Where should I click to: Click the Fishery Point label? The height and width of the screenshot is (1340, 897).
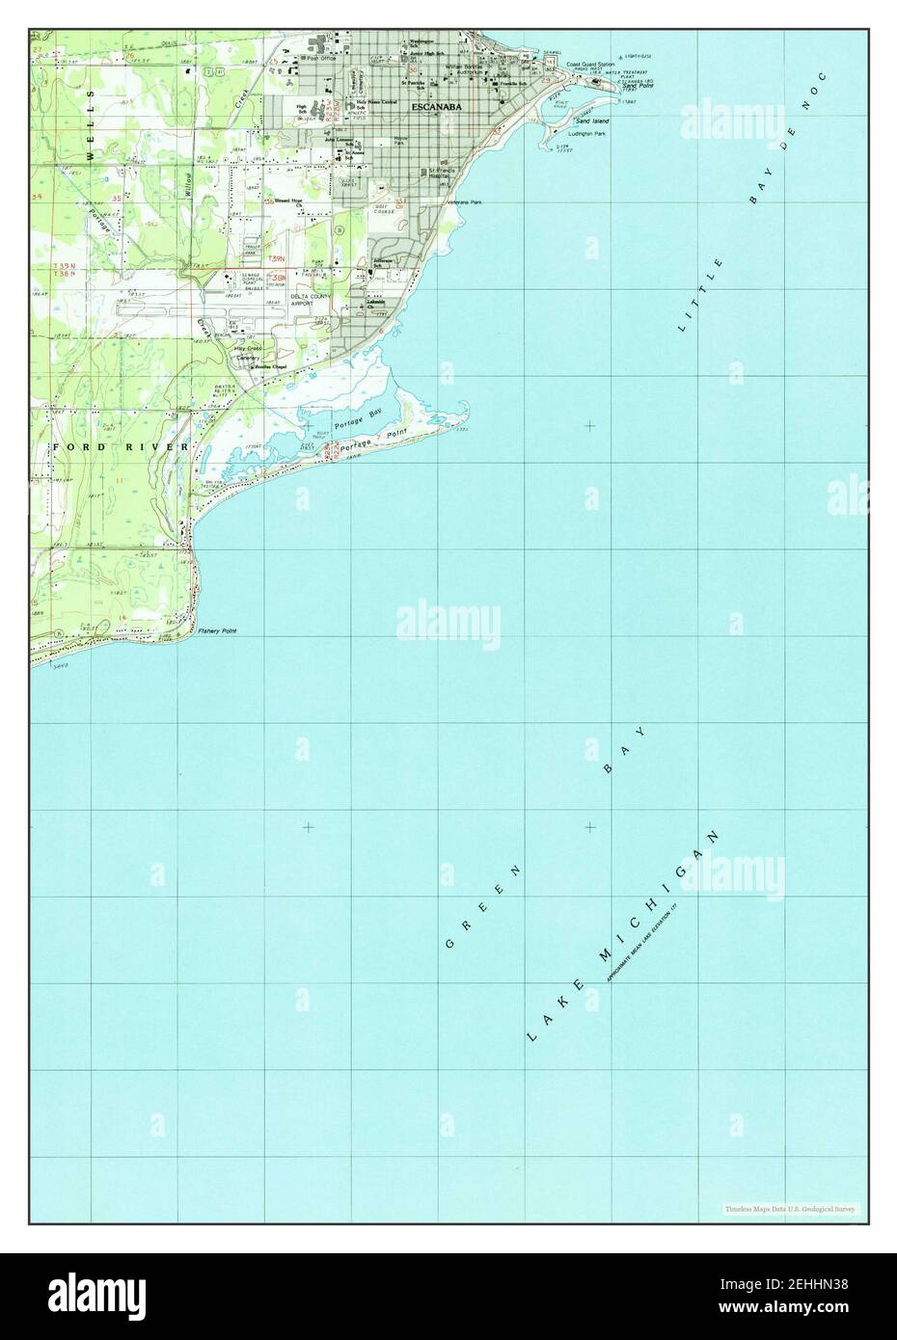[217, 631]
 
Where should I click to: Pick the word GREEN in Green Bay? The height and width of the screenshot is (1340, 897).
[483, 907]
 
